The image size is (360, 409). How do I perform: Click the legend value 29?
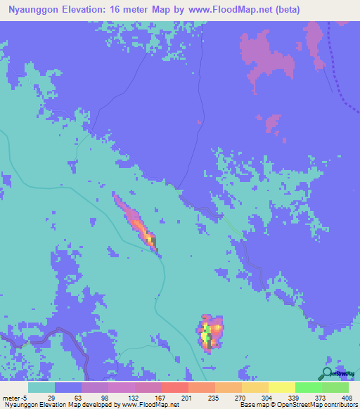pyautogui.click(x=51, y=397)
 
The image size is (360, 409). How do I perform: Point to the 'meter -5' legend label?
pyautogui.click(x=15, y=397)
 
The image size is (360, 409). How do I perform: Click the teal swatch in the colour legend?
pyautogui.click(x=41, y=387)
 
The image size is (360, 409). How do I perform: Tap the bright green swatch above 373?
pyautogui.click(x=308, y=387)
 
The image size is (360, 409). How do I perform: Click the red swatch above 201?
pyautogui.click(x=174, y=387)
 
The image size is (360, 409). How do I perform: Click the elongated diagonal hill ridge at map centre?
pyautogui.click(x=136, y=221)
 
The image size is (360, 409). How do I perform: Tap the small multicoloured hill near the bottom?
pyautogui.click(x=210, y=332)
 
